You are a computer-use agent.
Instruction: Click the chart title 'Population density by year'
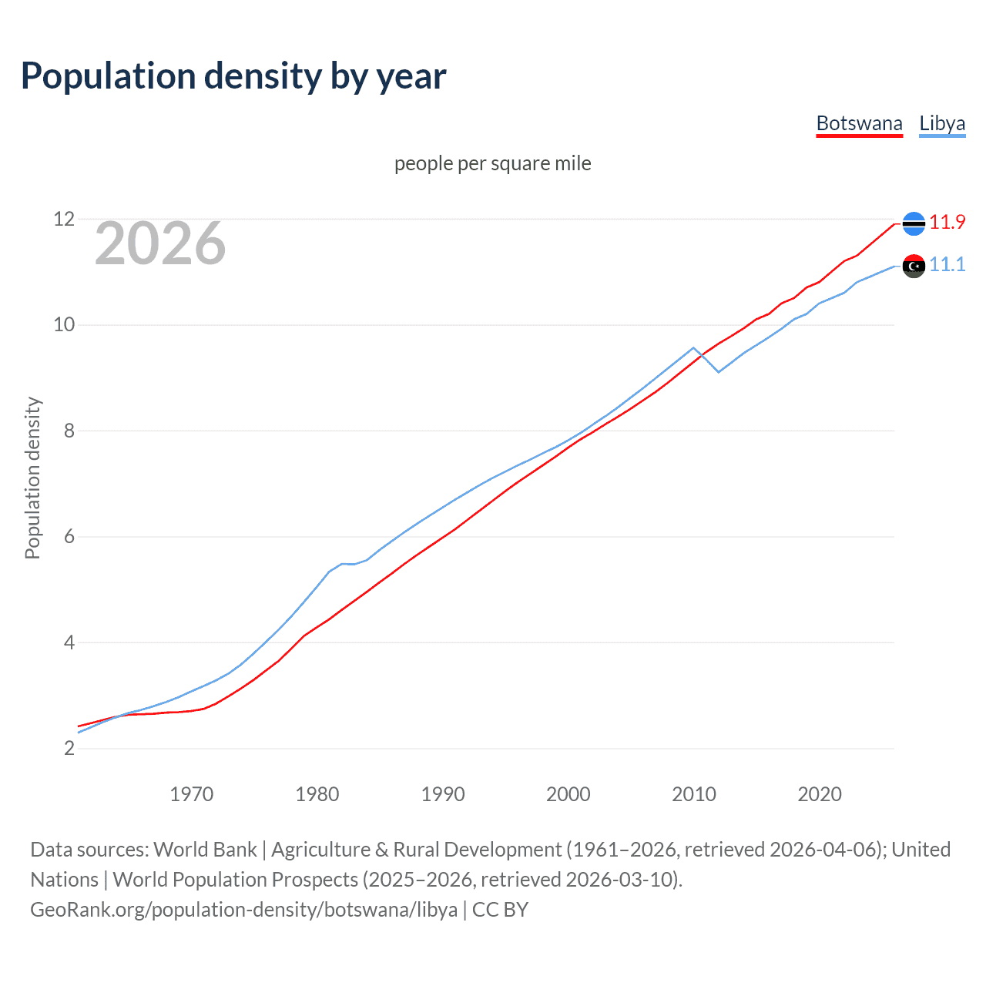233,76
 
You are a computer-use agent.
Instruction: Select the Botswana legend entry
859,123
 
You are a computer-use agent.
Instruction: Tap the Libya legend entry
942,123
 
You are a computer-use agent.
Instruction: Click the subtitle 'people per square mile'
493,163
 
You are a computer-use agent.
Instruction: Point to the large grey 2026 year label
160,243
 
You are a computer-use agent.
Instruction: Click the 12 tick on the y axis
64,220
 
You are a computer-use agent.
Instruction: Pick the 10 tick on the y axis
64,325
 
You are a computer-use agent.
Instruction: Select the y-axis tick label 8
69,431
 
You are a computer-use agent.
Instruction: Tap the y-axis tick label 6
69,537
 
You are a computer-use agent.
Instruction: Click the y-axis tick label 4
69,642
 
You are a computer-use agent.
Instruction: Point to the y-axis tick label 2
69,749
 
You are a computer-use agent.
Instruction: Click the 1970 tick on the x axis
191,794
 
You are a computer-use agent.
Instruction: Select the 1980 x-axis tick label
317,794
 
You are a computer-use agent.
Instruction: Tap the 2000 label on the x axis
568,794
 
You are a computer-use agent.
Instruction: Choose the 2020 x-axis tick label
819,794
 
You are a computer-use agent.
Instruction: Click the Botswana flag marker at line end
914,223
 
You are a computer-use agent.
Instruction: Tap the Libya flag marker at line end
914,267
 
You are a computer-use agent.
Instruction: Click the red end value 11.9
947,223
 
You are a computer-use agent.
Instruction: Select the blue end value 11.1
947,265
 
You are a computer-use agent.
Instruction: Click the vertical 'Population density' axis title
32,478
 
